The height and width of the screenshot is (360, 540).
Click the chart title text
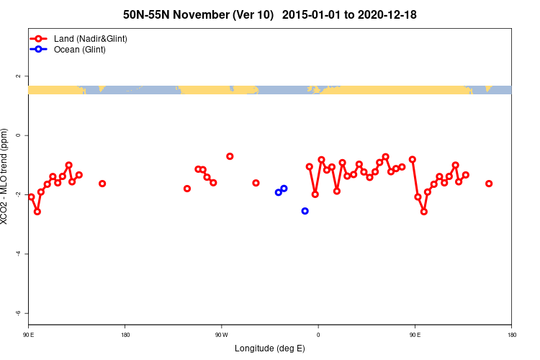pyautogui.click(x=270, y=14)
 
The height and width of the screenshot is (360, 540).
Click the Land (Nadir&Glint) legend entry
pyautogui.click(x=90, y=38)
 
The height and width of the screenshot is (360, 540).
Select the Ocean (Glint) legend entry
pyautogui.click(x=79, y=50)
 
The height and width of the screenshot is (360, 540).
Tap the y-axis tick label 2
pyautogui.click(x=18, y=76)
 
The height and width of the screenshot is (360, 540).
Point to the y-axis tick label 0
pyautogui.click(x=18, y=135)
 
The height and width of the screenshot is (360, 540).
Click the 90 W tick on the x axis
pyautogui.click(x=221, y=334)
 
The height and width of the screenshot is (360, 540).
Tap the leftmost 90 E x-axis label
pyautogui.click(x=28, y=334)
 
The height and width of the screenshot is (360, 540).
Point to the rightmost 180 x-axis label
pyautogui.click(x=511, y=334)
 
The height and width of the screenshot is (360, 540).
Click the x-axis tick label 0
pyautogui.click(x=318, y=334)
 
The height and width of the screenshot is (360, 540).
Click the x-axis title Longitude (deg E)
pyautogui.click(x=270, y=348)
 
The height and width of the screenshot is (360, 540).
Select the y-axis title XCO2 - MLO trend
pyautogui.click(x=6, y=176)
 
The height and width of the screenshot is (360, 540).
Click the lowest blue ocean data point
pyautogui.click(x=305, y=211)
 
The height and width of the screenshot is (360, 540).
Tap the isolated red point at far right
pyautogui.click(x=489, y=184)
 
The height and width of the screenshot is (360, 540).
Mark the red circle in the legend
pyautogui.click(x=41, y=38)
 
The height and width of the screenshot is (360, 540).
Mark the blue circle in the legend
pyautogui.click(x=41, y=50)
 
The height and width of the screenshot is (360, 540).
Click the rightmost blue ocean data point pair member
pyautogui.click(x=284, y=189)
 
